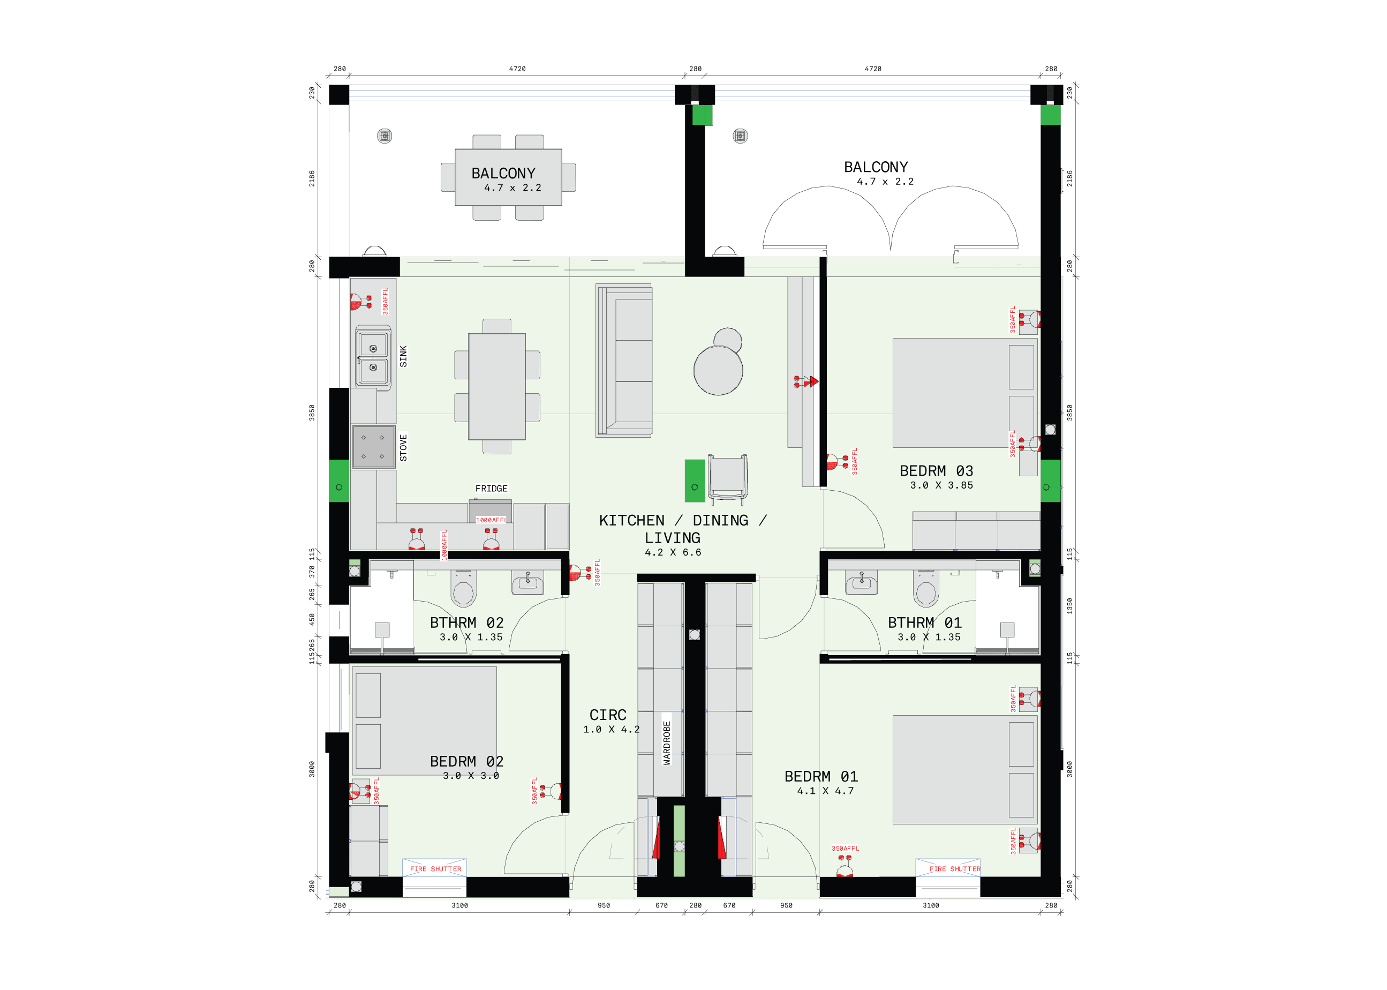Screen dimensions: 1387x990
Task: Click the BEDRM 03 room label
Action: pos(936,470)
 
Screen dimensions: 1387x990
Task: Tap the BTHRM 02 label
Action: pos(467,622)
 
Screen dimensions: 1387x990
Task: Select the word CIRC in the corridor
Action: pos(608,715)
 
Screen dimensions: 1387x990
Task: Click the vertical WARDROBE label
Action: pos(667,742)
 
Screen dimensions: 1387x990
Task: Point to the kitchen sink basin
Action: pos(373,358)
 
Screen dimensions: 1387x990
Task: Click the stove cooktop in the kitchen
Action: pos(373,447)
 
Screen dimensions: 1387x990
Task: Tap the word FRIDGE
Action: pos(491,488)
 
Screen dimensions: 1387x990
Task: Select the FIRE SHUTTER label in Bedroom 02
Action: pos(435,869)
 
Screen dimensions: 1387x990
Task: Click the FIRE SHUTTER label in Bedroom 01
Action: pos(955,869)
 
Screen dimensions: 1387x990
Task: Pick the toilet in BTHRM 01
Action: pos(926,589)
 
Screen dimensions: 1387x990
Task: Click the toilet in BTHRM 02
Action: pos(463,589)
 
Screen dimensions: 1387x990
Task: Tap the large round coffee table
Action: pos(718,371)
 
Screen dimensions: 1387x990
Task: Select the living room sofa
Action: pos(624,361)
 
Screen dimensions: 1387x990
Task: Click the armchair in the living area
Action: pos(727,478)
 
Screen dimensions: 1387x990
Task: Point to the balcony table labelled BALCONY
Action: pos(508,177)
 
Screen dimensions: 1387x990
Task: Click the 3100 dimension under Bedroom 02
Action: pos(459,905)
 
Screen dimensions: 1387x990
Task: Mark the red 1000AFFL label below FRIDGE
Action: pos(491,520)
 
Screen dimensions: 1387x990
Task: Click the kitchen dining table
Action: pos(496,386)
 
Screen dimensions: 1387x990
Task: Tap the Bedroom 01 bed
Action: pos(966,769)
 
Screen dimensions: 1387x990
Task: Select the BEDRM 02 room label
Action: pos(467,761)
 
